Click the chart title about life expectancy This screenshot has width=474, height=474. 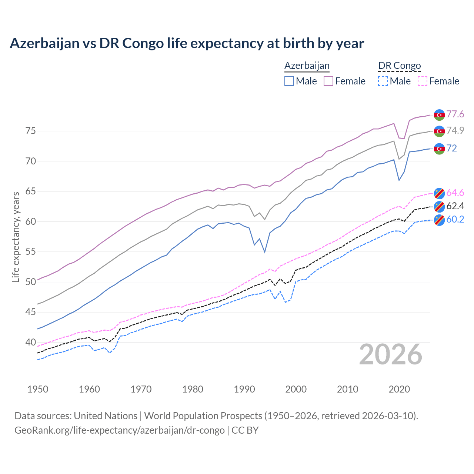187,43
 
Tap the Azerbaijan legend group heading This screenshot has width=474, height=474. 307,66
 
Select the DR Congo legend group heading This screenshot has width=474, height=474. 400,66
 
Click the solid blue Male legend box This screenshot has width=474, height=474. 289,81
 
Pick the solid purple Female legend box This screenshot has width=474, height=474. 328,81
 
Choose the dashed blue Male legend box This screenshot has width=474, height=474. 383,81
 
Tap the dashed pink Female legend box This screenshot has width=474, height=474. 422,81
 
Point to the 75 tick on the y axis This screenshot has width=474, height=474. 30,131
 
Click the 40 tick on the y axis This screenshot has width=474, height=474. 30,342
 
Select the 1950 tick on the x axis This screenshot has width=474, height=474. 38,389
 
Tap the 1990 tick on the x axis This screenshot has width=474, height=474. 244,389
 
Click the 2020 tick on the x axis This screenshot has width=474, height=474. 399,389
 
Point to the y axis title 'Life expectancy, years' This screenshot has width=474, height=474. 16,237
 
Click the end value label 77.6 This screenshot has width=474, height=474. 455,114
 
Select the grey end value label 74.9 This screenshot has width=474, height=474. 455,131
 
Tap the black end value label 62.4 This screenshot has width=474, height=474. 455,206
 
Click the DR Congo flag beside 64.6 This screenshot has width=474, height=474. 439,193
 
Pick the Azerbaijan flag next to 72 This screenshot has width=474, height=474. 439,148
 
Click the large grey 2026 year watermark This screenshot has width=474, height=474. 391,354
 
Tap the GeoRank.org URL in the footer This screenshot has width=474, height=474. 119,430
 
